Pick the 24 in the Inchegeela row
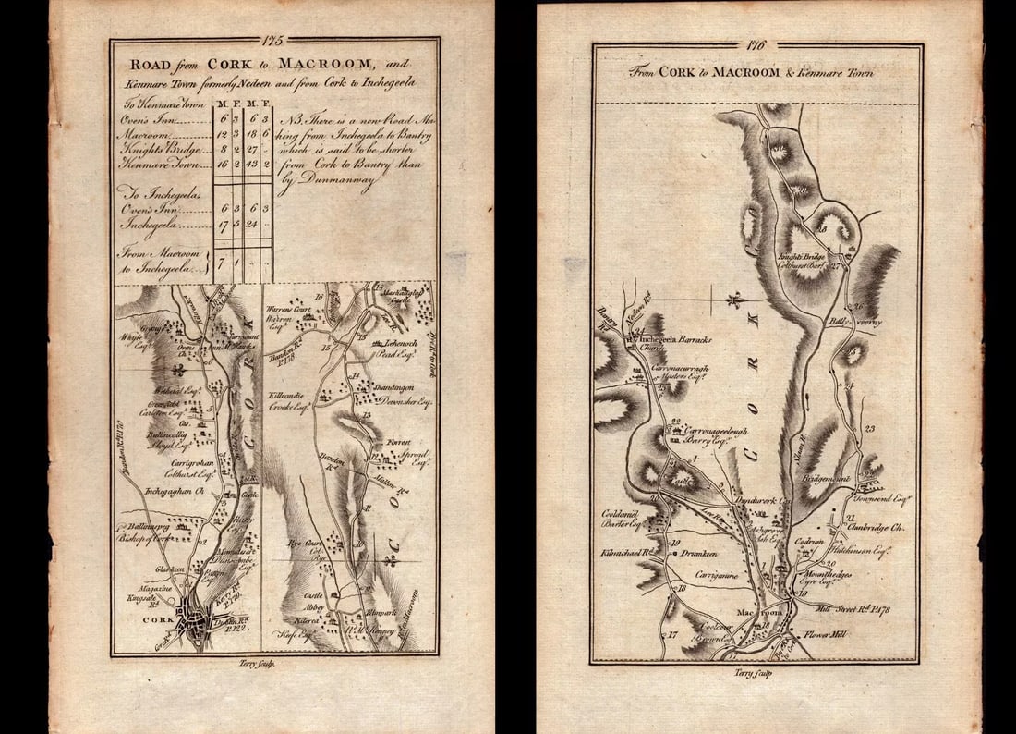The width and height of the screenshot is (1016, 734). [249, 223]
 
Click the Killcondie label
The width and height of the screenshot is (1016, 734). [286, 394]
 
